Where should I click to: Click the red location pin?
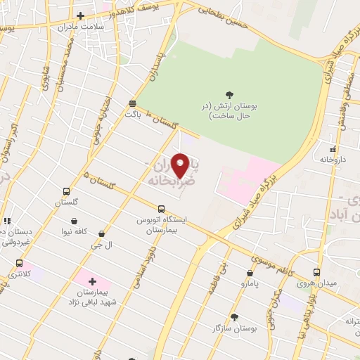(181, 165)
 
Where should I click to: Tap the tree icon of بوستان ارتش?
(229, 94)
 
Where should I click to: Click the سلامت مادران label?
(102, 27)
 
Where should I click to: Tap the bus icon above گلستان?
(66, 191)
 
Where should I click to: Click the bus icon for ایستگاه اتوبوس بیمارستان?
(161, 209)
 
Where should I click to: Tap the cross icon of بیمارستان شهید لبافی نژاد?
(92, 281)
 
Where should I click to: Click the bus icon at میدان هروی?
(316, 272)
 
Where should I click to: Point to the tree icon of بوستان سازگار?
(235, 317)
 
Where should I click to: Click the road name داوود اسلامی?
(144, 260)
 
